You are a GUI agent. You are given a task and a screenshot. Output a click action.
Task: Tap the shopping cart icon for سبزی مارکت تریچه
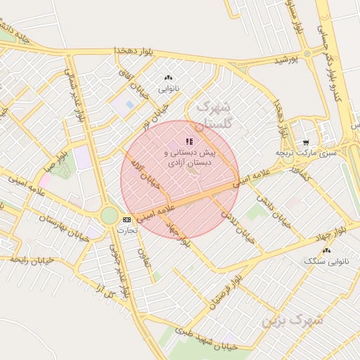(x=304, y=141)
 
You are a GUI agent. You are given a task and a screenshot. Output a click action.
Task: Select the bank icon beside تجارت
(x=127, y=219)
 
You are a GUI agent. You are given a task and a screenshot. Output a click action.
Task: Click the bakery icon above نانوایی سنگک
(x=326, y=250)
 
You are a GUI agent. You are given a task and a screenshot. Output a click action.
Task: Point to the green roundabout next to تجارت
(x=109, y=215)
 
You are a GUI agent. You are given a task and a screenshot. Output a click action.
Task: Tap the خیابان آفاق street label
(x=140, y=90)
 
